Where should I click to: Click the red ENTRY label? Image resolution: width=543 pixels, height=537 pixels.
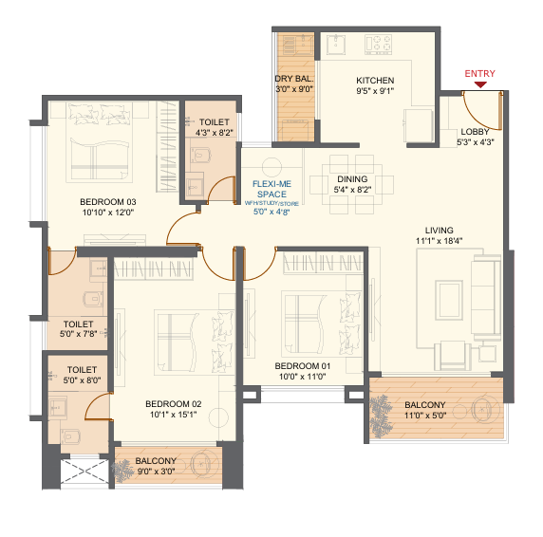pos(480,73)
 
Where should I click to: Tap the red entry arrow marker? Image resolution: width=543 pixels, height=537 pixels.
pos(481,85)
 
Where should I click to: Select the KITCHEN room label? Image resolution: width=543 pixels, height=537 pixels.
pos(375,81)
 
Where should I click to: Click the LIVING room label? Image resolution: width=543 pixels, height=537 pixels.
pos(438,231)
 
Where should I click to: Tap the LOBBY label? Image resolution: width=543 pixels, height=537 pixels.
pos(476,132)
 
